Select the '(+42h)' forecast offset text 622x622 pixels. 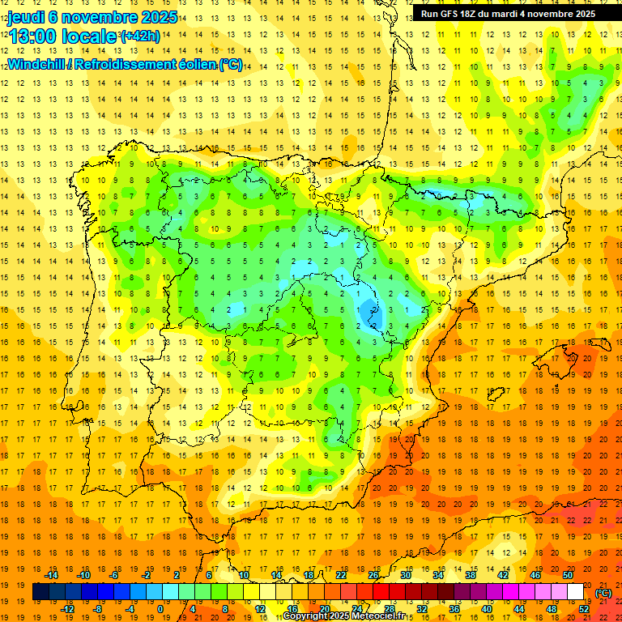(x=139, y=36)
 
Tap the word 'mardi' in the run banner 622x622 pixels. (x=504, y=14)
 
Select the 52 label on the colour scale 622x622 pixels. (x=584, y=609)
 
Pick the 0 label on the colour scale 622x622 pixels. (x=160, y=609)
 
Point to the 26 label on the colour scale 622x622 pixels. (x=373, y=575)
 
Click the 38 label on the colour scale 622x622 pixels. (x=471, y=575)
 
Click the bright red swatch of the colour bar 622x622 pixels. (x=381, y=592)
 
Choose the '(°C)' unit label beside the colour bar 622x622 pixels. (x=603, y=593)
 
